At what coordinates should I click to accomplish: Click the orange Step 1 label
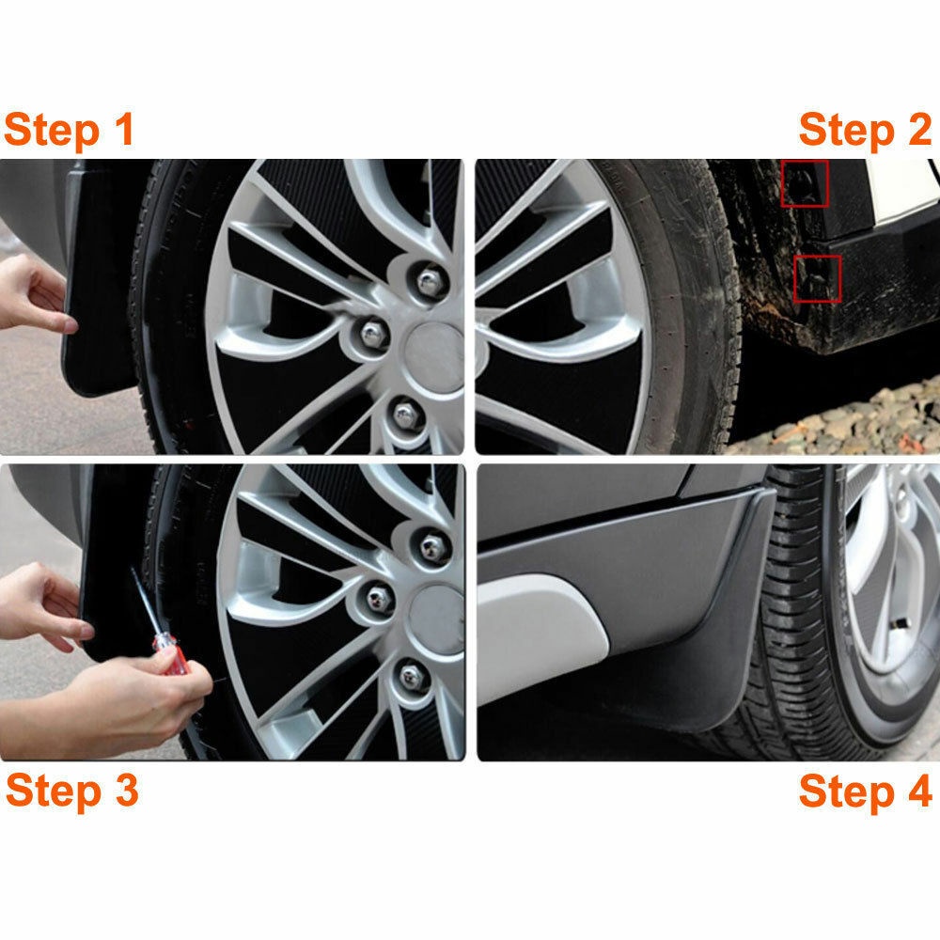pyautogui.click(x=69, y=130)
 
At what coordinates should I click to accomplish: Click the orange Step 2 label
pyautogui.click(x=865, y=130)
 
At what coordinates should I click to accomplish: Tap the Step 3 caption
pyautogui.click(x=72, y=791)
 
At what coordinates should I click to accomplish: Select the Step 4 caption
pyautogui.click(x=865, y=791)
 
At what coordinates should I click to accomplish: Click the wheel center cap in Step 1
pyautogui.click(x=434, y=357)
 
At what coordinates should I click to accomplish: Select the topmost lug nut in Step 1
pyautogui.click(x=430, y=282)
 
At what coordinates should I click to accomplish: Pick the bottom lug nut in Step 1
pyautogui.click(x=406, y=415)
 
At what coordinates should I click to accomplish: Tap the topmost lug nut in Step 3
pyautogui.click(x=432, y=547)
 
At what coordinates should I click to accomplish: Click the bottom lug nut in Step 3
pyautogui.click(x=412, y=677)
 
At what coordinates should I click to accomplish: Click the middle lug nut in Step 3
pyautogui.click(x=379, y=598)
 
